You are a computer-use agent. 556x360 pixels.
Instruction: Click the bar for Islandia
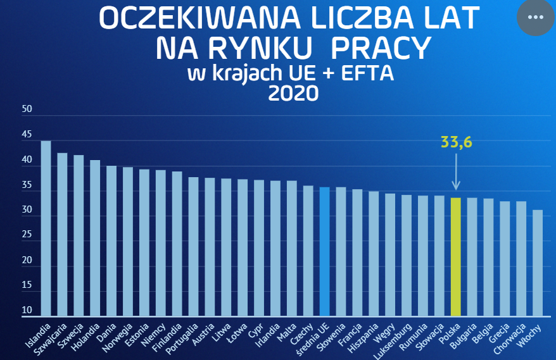point(46,228)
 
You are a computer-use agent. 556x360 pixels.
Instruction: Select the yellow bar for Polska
point(455,256)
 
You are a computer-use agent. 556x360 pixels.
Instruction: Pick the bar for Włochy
point(538,263)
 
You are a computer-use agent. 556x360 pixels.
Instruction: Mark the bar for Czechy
point(308,251)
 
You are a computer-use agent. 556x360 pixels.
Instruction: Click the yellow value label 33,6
point(457,142)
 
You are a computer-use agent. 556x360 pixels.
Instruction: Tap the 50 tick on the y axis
point(27,109)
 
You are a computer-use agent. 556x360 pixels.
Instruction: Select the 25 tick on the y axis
point(27,235)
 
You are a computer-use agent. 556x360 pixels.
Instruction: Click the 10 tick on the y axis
point(27,311)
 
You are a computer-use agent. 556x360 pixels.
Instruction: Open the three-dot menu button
point(535,17)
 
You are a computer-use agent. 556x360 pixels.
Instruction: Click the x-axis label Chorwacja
point(514,338)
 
